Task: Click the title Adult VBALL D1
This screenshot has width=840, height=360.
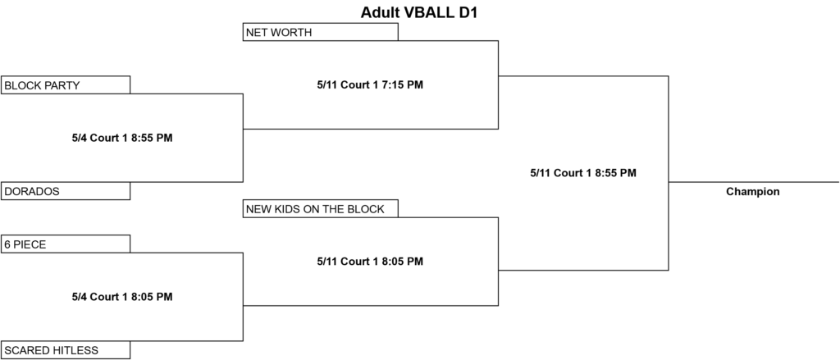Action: coord(419,13)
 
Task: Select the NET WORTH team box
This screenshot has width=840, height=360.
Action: coord(321,32)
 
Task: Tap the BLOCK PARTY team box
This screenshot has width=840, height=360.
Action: coord(66,84)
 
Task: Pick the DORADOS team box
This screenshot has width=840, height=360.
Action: coord(66,191)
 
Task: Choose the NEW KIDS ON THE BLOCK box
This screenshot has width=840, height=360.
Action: coord(321,208)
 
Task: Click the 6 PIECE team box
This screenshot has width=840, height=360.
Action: coord(66,244)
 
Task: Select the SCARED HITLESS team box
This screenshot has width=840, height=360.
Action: coord(66,350)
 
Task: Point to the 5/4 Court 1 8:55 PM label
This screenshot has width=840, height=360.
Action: coord(122,138)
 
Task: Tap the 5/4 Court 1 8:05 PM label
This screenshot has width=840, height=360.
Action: coord(122,297)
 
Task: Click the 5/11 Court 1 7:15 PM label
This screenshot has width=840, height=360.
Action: coord(370,84)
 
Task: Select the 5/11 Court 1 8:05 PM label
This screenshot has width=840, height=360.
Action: coord(370,262)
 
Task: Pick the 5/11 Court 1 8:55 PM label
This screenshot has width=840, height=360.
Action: coord(583,173)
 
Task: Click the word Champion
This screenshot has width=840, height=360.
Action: coord(753,192)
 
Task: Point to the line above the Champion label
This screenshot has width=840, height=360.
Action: coord(754,182)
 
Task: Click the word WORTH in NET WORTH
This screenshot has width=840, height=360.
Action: coord(293,33)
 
